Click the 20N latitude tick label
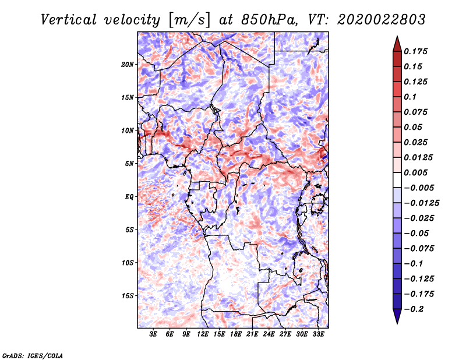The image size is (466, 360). pos(128,65)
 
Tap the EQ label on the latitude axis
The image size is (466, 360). pos(129,197)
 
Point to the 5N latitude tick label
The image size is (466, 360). pos(129,164)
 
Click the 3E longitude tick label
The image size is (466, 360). pos(153,334)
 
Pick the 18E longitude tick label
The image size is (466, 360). pos(236,334)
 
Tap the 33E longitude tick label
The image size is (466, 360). pos(318,334)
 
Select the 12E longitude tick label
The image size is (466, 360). pos(203,334)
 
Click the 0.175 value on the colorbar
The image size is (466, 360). pos(415,51)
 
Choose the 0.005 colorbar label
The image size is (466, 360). pos(415,172)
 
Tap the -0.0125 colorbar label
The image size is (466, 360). pos(421,203)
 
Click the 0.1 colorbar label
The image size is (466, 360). pos(410,97)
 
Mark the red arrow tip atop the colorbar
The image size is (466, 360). pos(397,36)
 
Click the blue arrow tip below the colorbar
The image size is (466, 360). pos(397,323)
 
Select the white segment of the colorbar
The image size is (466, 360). pos(397,180)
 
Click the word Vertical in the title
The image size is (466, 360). pos(69,20)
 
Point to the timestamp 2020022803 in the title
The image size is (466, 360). pos(382,20)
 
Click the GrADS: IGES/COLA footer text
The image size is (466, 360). pos(33,355)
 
